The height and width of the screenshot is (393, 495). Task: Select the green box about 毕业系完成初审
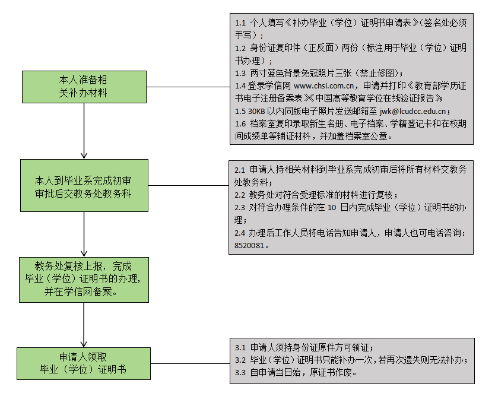click(x=84, y=185)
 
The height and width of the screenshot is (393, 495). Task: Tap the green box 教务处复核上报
click(x=84, y=279)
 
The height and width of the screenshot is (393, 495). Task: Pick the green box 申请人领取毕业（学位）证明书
click(x=83, y=363)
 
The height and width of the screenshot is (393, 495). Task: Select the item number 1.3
click(x=240, y=73)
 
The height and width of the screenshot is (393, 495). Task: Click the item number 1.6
click(x=240, y=123)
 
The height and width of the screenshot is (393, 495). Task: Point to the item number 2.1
click(x=240, y=170)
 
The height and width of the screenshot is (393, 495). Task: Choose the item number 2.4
click(x=240, y=232)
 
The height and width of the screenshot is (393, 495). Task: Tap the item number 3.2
click(x=240, y=360)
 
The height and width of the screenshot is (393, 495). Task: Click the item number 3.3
click(x=240, y=372)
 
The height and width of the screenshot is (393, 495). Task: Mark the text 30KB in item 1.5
click(x=256, y=111)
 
